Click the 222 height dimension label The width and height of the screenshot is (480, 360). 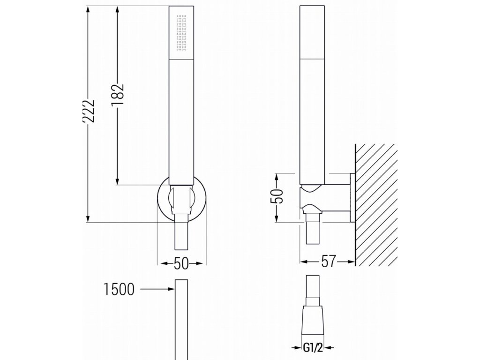pos(89,111)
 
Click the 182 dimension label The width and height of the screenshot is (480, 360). pos(118,95)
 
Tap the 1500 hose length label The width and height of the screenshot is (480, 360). pos(119,289)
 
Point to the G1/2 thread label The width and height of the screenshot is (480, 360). pos(313,348)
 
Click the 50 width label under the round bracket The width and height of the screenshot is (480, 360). pos(181,263)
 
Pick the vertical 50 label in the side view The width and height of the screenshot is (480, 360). pos(277,196)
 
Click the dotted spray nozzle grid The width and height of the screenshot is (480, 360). pos(182,32)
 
